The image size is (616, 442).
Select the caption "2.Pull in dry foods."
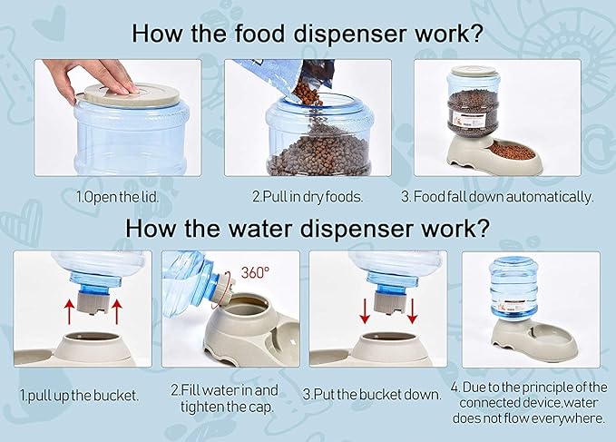[308, 196]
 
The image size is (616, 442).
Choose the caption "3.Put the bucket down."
[372, 395]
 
